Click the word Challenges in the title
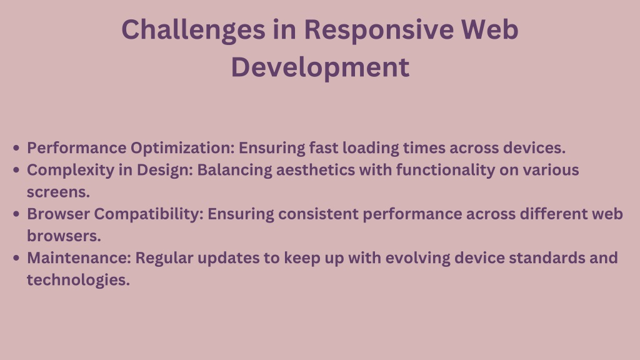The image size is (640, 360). pos(193,31)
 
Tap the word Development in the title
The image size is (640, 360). pos(320,68)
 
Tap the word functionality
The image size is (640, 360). pos(446,171)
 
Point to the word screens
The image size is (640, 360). pos(58,192)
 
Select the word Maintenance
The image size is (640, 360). pos(79,258)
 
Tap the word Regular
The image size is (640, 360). pos(164,259)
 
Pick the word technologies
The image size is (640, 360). pos(78,281)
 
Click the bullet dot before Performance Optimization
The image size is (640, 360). pos(16,147)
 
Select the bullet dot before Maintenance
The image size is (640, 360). pos(16,258)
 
